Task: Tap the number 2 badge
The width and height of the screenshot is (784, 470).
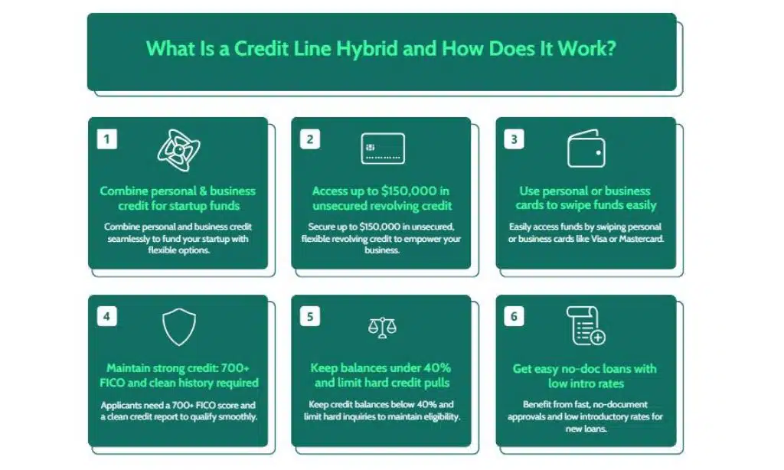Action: tap(310, 139)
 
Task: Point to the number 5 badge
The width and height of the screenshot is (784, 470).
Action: tap(310, 316)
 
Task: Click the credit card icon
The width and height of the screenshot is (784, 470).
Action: tap(383, 149)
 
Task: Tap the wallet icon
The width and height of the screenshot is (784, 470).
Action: tap(586, 149)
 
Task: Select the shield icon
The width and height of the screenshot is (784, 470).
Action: tap(179, 327)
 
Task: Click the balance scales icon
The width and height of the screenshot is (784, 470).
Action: tap(382, 328)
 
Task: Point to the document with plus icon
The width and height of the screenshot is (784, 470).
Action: tap(586, 326)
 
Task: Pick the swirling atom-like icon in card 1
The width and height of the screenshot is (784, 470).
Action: tap(178, 150)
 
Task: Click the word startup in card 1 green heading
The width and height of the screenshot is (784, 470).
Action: tap(192, 205)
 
